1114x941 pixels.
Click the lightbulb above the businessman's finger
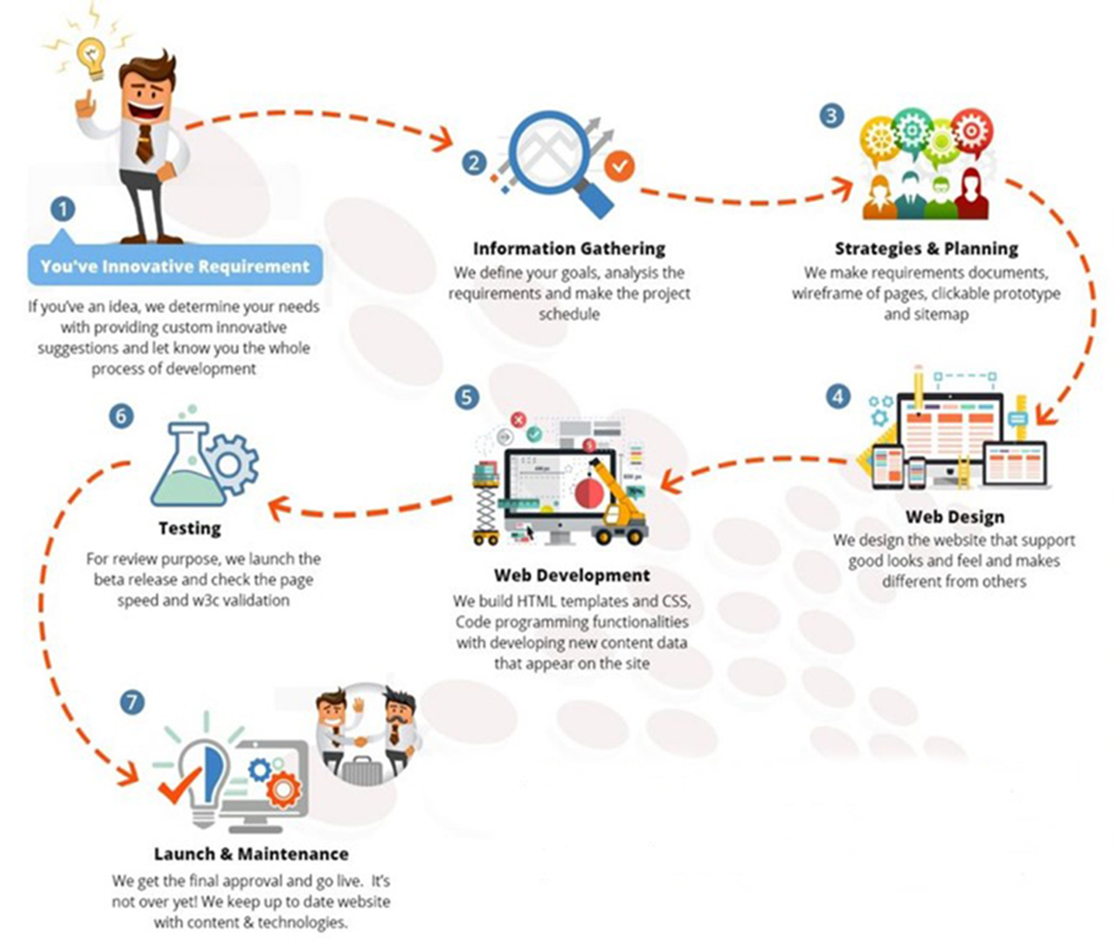92,57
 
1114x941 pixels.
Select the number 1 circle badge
63,209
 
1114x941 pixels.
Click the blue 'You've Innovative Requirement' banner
175,264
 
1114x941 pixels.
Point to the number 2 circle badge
474,163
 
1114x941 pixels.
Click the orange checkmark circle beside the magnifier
619,166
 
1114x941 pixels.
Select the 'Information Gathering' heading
569,248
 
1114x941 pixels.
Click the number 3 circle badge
831,115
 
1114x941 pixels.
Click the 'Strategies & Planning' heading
926,248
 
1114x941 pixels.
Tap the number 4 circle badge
838,396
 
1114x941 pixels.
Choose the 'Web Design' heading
954,516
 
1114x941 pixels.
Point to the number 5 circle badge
467,397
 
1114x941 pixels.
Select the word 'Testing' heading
190,528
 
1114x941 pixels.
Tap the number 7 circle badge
132,703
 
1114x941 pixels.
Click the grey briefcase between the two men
362,770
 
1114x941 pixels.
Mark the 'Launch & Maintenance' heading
251,854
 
